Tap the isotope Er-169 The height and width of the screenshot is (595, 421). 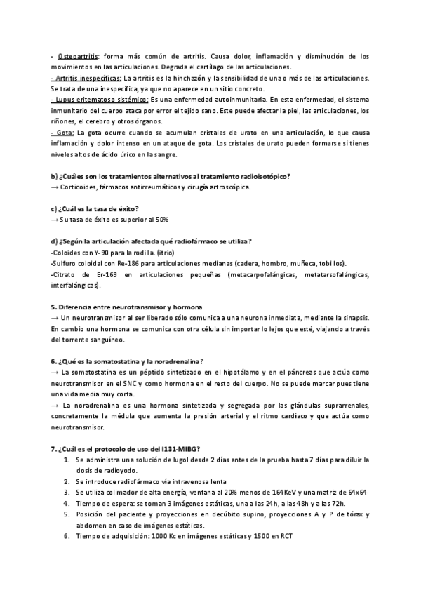click(x=97, y=274)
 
